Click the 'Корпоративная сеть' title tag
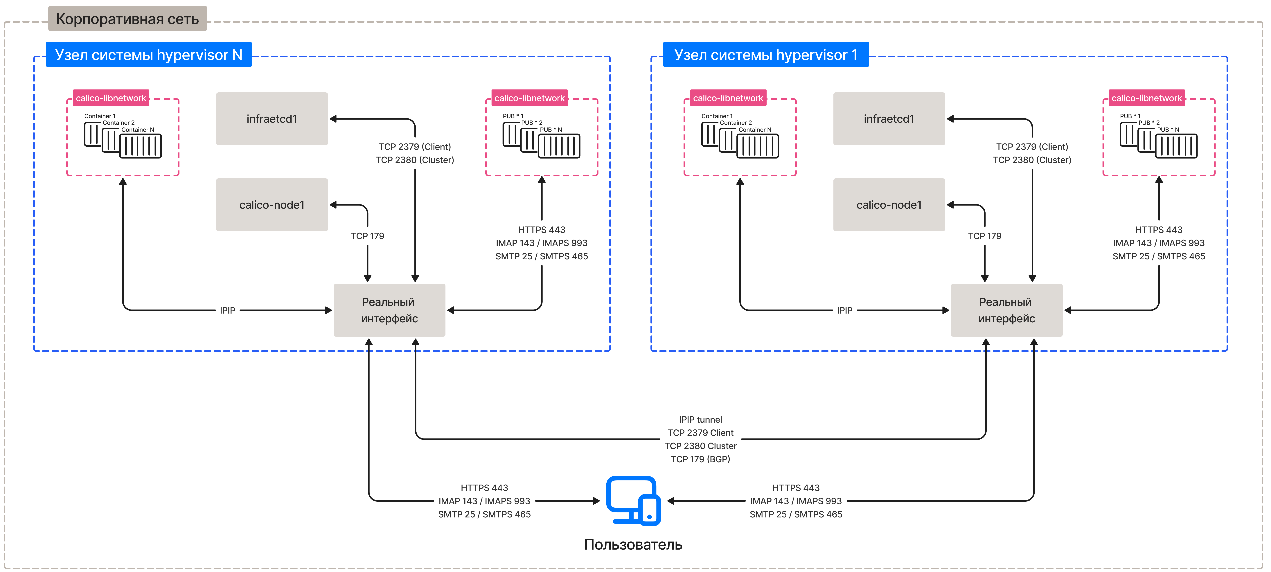click(127, 19)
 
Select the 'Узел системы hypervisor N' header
click(148, 55)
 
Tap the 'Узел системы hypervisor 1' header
click(765, 55)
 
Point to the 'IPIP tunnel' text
click(700, 420)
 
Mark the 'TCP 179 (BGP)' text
click(700, 459)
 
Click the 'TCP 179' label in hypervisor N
click(367, 236)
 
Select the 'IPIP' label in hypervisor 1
click(844, 310)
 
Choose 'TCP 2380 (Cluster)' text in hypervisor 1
click(1032, 160)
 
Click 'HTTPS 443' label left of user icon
click(484, 488)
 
